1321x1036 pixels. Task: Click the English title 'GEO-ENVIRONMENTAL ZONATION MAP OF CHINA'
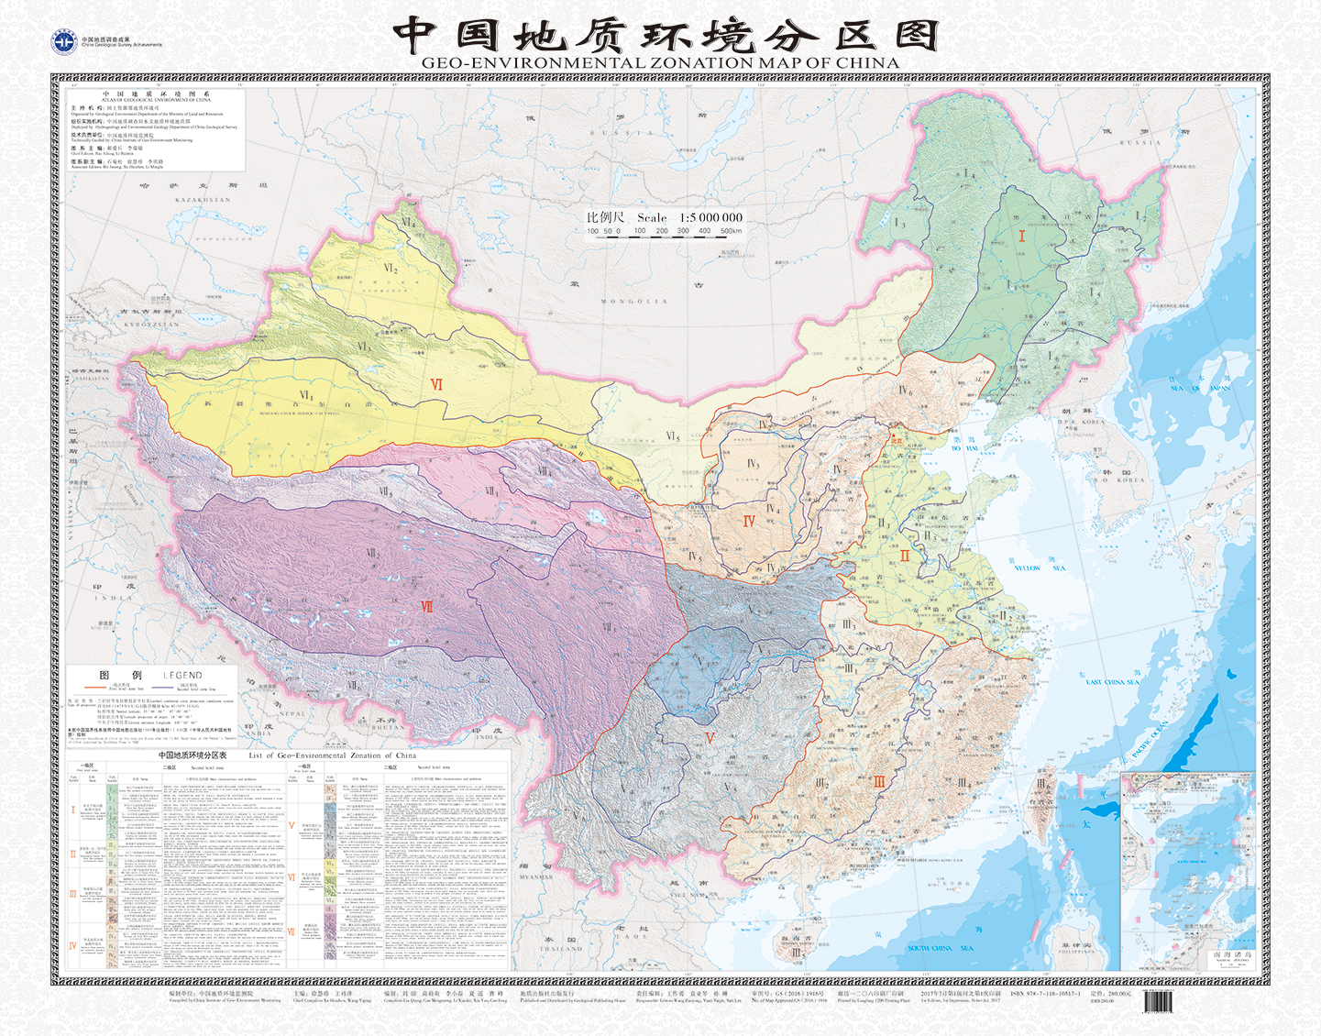coord(660,63)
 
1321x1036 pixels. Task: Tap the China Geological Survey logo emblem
coord(64,42)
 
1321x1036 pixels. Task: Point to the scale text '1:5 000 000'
coord(710,218)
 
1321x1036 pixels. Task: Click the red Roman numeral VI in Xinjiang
coord(436,385)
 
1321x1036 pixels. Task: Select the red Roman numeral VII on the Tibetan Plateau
coord(427,606)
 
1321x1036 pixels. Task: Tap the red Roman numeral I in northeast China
coord(1021,237)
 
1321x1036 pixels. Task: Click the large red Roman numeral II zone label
coord(905,556)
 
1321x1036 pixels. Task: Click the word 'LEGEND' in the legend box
coord(182,675)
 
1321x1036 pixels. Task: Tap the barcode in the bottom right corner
coord(1157,1003)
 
